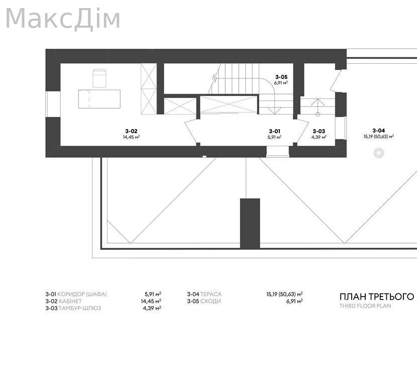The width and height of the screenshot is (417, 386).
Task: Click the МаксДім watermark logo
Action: coord(63,19)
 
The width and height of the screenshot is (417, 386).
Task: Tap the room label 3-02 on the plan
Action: coord(131,131)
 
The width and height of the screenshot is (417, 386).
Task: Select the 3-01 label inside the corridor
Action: coord(274,131)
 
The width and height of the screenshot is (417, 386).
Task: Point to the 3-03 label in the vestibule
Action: coord(319,131)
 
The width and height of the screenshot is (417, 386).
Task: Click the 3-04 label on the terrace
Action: coord(378,131)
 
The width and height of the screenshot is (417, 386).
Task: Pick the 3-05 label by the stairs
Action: coord(281,77)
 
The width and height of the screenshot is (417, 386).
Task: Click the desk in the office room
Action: coord(99,99)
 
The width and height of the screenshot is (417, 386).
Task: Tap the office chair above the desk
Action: coord(99,78)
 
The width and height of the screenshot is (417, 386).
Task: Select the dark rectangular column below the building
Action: coord(250,224)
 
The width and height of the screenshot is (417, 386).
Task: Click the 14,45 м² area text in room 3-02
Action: coord(131,137)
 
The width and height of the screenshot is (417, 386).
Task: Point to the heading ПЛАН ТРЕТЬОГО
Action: coord(377,297)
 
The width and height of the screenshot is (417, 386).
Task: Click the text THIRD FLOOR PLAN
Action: coord(365,306)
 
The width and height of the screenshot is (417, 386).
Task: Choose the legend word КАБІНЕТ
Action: coord(70,302)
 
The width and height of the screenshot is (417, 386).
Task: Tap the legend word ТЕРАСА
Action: coord(211,294)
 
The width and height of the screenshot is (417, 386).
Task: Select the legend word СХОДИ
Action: coord(211,302)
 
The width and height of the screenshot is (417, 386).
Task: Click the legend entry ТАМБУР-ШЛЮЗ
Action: coord(80,308)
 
